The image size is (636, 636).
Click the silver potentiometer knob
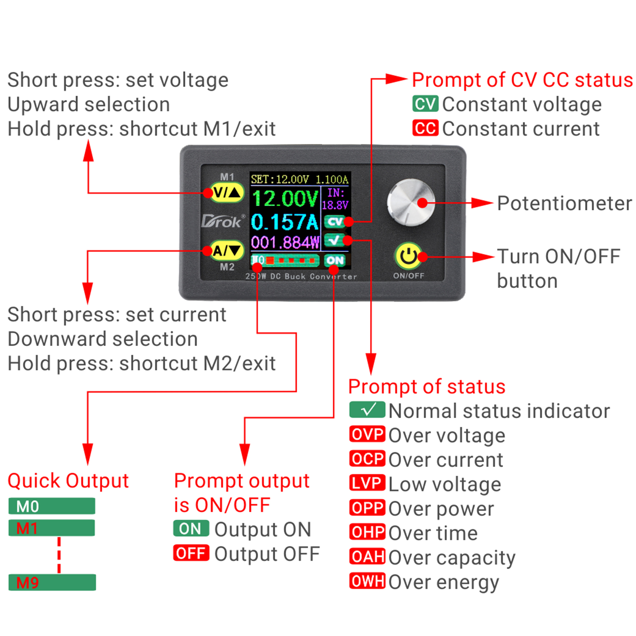tap(410, 203)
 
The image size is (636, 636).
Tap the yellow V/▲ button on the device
tap(228, 193)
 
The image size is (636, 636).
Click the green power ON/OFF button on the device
tap(408, 256)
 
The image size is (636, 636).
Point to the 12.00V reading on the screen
tap(285, 198)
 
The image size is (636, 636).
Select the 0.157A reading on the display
tap(284, 222)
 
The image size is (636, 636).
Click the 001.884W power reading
tap(285, 243)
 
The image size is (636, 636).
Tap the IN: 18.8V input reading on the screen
tap(335, 199)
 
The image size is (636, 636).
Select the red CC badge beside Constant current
tap(425, 128)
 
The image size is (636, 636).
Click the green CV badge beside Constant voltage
tap(425, 104)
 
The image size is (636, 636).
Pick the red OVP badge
tap(367, 435)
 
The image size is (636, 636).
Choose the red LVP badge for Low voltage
tap(367, 483)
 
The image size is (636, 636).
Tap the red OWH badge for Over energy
tap(367, 581)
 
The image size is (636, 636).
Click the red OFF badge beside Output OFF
tap(191, 553)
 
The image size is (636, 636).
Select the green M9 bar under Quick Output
tap(52, 582)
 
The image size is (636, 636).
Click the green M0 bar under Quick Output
tap(52, 506)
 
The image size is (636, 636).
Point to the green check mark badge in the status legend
tap(367, 410)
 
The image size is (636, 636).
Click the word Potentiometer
tap(564, 204)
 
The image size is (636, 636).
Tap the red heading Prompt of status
tap(427, 387)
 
